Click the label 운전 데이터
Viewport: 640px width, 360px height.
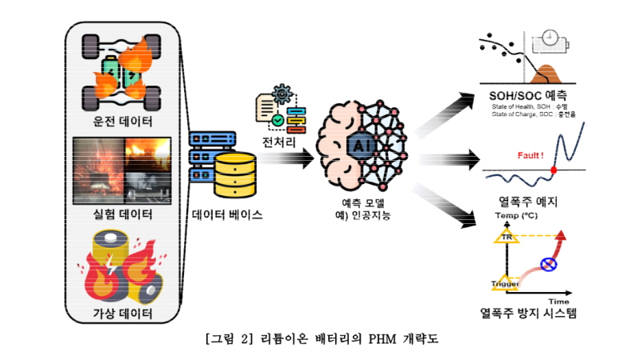click(122, 122)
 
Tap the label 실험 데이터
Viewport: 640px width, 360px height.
click(122, 214)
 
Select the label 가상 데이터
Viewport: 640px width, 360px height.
click(122, 312)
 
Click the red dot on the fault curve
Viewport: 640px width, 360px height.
click(554, 170)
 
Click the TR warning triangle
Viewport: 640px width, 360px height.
click(506, 237)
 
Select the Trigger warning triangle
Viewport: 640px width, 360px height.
click(506, 282)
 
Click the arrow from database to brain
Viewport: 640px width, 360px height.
click(288, 160)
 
